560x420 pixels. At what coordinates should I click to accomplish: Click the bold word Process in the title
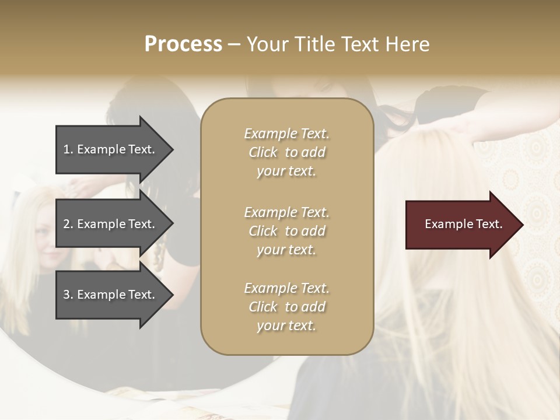183,44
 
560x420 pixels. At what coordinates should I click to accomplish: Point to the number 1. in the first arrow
68,149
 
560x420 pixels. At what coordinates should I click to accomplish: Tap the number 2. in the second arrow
68,224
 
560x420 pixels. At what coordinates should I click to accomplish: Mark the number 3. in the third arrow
68,295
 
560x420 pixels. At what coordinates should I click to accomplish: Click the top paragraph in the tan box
286,152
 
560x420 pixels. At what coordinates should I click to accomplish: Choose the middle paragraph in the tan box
286,231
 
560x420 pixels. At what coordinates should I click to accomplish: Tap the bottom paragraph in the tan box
286,307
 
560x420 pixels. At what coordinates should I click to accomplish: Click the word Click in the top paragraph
263,152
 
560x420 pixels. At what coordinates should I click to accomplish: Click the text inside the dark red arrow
464,224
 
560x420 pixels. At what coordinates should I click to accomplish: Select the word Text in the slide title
360,44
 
